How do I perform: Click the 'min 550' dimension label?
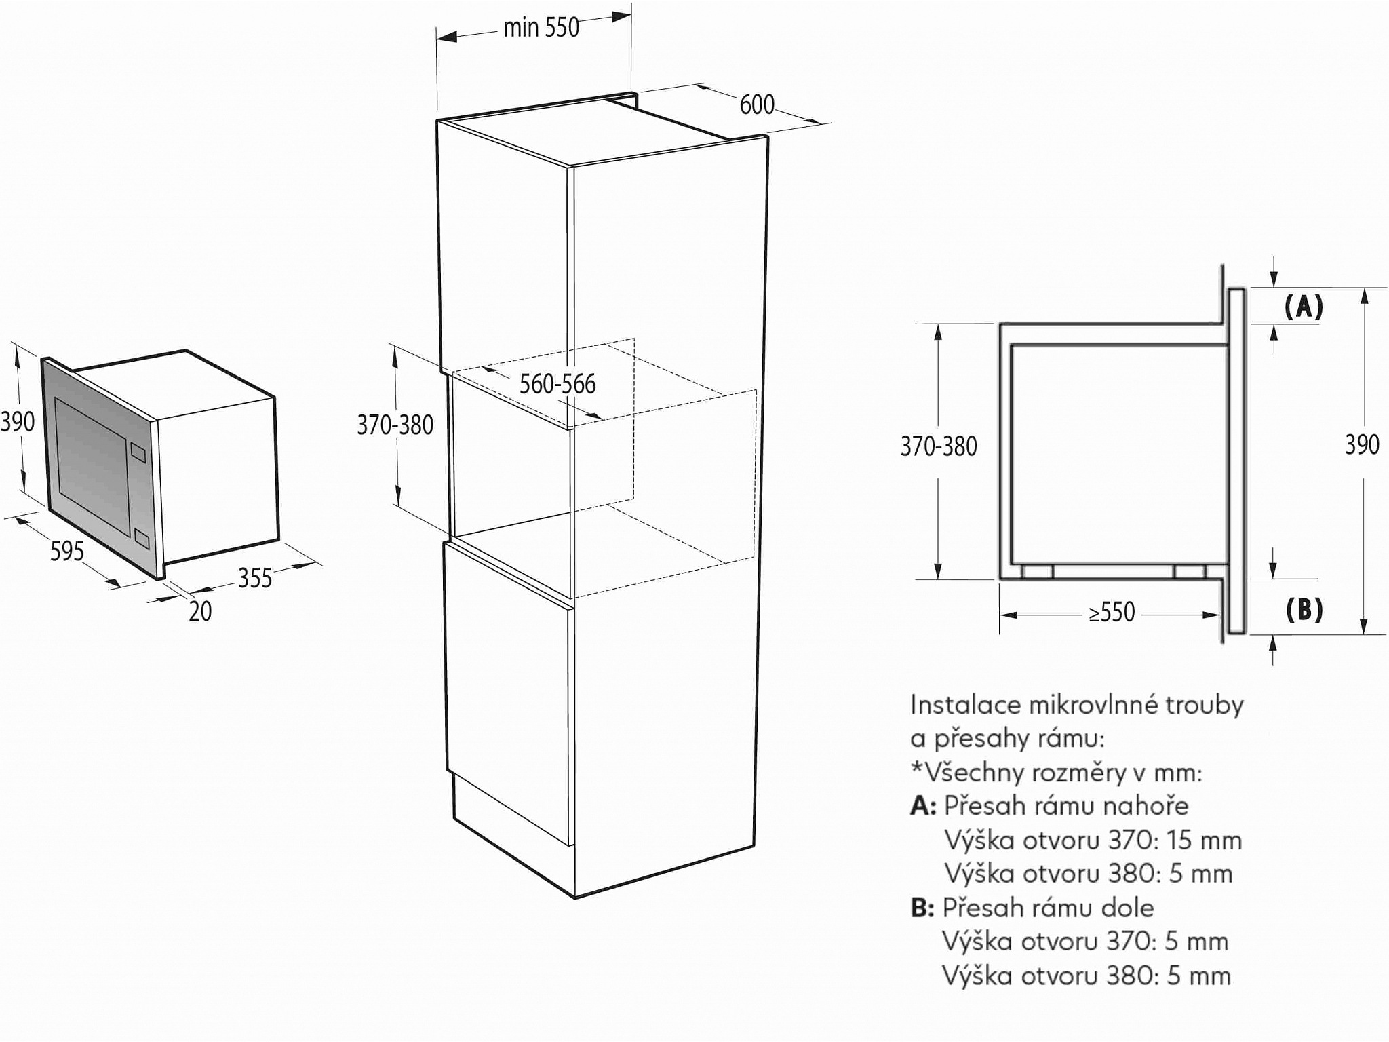[x=541, y=28]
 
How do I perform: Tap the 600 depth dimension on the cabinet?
[x=757, y=104]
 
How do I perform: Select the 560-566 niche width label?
[x=557, y=384]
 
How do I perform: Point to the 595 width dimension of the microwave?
[x=67, y=551]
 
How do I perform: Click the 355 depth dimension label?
[x=254, y=578]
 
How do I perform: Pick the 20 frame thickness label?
[x=200, y=611]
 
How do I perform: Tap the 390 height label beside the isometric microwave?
[x=18, y=422]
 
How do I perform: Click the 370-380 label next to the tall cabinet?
[x=395, y=425]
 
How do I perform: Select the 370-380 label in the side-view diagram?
[x=939, y=446]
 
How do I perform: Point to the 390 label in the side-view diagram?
[x=1362, y=445]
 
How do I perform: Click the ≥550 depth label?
[x=1112, y=613]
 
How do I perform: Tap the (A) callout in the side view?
[x=1304, y=307]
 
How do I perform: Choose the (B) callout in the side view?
[x=1304, y=610]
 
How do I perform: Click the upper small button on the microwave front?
[x=138, y=452]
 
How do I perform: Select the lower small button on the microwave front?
[x=142, y=539]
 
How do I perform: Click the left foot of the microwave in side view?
[x=1037, y=571]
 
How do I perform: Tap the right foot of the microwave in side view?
[x=1189, y=571]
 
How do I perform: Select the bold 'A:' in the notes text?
[x=923, y=806]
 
